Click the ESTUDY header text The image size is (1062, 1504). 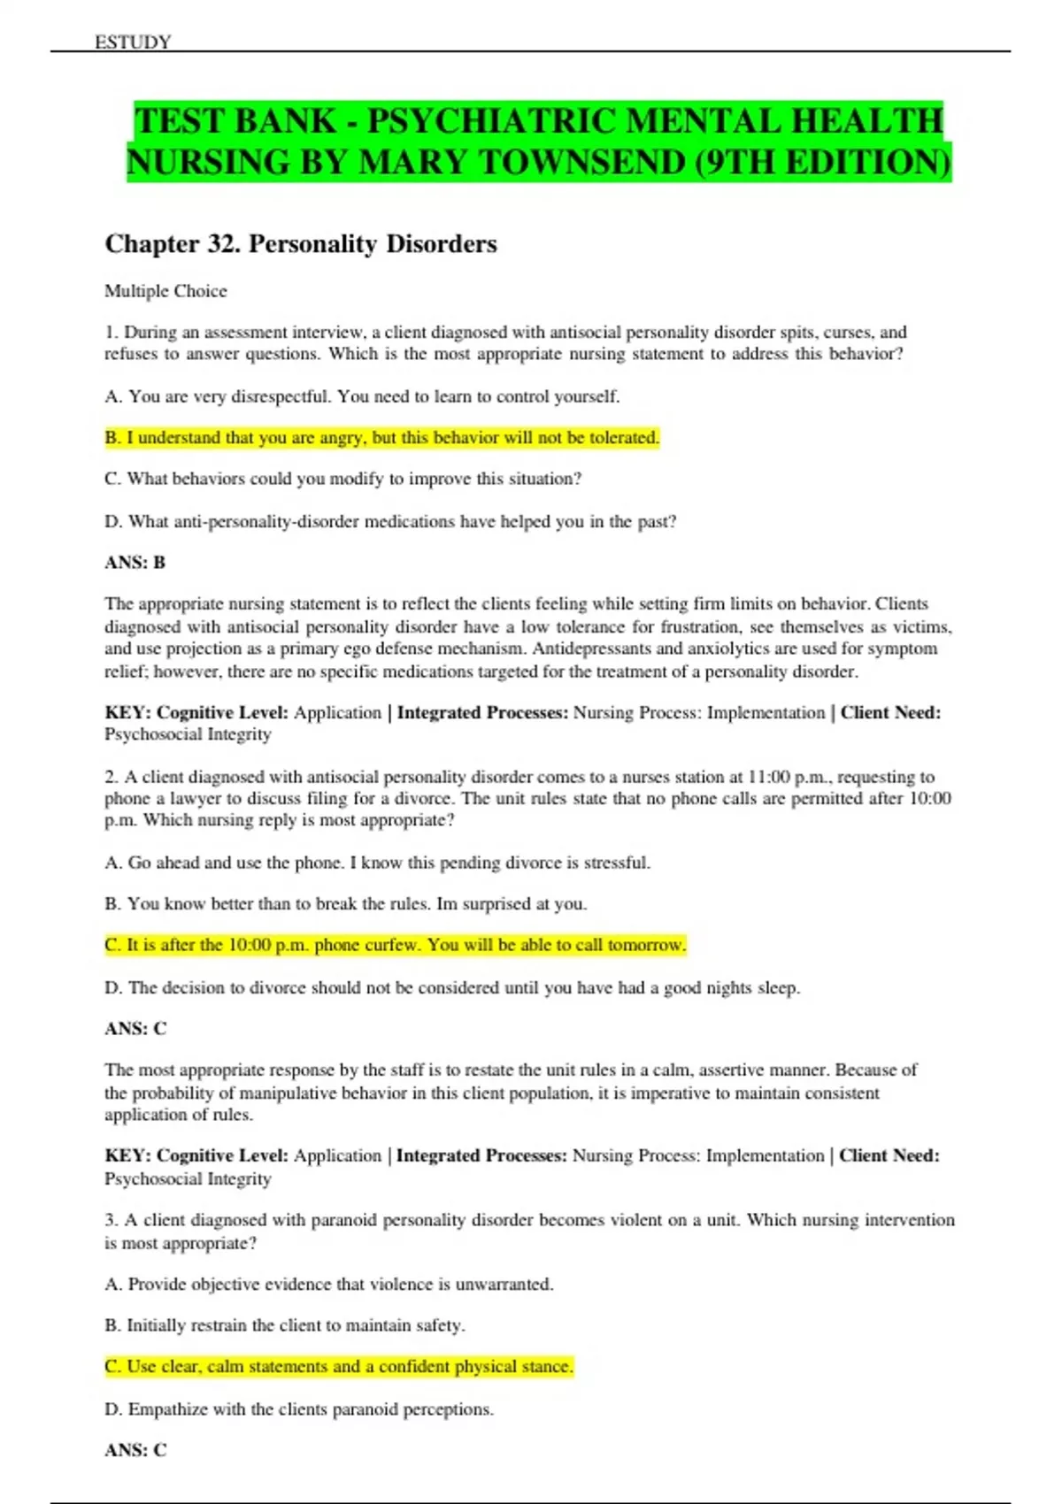133,42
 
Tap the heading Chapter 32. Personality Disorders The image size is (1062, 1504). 301,244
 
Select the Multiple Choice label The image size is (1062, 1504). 165,291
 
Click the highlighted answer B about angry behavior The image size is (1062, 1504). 381,438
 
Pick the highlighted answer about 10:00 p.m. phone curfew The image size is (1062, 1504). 395,945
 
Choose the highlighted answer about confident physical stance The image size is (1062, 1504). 339,1367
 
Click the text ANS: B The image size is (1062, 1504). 135,563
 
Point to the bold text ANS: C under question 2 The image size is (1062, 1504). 135,1029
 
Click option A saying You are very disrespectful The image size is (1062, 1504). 362,396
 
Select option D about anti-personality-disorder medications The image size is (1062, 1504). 390,522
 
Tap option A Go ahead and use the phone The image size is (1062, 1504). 377,863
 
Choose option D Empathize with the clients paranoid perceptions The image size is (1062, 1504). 299,1409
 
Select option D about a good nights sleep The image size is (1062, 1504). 452,987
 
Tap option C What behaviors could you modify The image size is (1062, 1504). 343,479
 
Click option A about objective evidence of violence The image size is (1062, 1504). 329,1284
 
